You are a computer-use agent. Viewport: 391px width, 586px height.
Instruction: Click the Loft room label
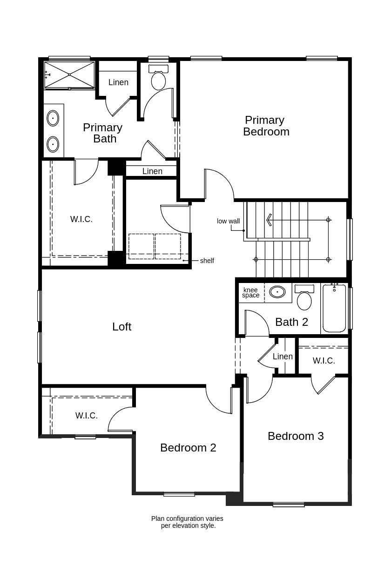pyautogui.click(x=121, y=327)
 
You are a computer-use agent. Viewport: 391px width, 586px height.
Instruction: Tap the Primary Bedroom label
pyautogui.click(x=266, y=126)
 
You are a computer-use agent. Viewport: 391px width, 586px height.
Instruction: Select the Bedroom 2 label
pyautogui.click(x=188, y=448)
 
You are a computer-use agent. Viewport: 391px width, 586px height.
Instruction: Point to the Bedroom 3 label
pyautogui.click(x=296, y=436)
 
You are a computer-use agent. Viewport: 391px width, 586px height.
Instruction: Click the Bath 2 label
pyautogui.click(x=291, y=322)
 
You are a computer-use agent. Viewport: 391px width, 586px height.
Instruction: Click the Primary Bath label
pyautogui.click(x=103, y=133)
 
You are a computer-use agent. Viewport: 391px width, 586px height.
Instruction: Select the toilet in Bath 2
pyautogui.click(x=304, y=298)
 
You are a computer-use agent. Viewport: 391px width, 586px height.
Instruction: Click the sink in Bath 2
pyautogui.click(x=277, y=292)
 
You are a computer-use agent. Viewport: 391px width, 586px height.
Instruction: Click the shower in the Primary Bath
pyautogui.click(x=69, y=74)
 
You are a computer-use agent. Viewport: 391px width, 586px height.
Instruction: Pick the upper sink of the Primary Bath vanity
pyautogui.click(x=53, y=118)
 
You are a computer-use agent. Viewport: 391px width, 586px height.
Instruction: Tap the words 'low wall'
pyautogui.click(x=228, y=221)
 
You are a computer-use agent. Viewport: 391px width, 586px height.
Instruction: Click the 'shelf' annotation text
pyautogui.click(x=207, y=261)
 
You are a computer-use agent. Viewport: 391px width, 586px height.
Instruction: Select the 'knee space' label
pyautogui.click(x=250, y=293)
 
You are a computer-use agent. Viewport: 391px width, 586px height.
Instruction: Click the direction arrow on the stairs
pyautogui.click(x=270, y=219)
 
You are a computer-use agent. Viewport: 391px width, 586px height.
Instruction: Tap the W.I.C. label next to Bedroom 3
pyautogui.click(x=324, y=361)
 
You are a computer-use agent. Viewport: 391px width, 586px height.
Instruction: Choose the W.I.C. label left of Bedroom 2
pyautogui.click(x=87, y=416)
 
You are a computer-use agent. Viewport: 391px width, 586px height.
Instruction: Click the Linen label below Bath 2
pyautogui.click(x=283, y=357)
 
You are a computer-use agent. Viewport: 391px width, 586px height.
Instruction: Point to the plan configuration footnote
pyautogui.click(x=187, y=522)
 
